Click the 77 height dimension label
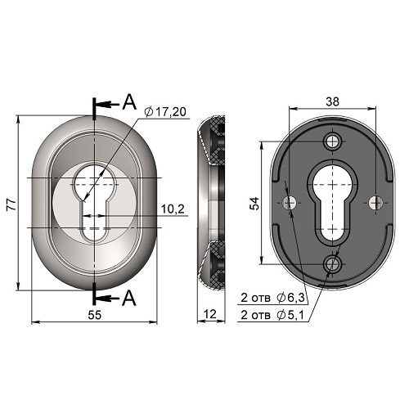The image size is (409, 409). (11, 204)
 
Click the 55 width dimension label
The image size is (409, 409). (95, 315)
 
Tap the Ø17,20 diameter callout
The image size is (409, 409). (165, 112)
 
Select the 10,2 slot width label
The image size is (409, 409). (173, 209)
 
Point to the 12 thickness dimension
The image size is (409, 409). (210, 314)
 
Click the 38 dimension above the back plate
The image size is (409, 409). (333, 101)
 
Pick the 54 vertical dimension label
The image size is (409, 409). (255, 203)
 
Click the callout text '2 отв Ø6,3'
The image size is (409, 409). (272, 298)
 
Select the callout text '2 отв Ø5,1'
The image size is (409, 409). (272, 315)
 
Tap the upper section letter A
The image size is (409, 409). (129, 102)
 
